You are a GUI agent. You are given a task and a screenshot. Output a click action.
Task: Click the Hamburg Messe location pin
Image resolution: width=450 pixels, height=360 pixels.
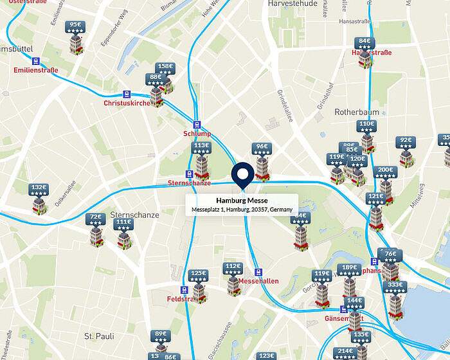click(242, 175)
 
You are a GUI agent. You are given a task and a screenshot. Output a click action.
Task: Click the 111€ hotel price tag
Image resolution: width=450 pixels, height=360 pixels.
click(123, 224)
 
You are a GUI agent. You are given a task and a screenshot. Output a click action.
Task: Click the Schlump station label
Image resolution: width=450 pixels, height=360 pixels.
click(196, 134)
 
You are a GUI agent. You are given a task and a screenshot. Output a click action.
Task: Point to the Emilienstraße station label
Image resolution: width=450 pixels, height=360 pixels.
click(36, 70)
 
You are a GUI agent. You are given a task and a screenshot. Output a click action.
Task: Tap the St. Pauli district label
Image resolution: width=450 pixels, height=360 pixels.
click(99, 336)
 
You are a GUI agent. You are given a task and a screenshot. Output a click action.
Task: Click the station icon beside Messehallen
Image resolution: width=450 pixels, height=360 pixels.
click(258, 272)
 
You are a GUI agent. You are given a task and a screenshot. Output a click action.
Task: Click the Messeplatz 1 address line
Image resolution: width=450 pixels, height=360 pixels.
click(242, 210)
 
